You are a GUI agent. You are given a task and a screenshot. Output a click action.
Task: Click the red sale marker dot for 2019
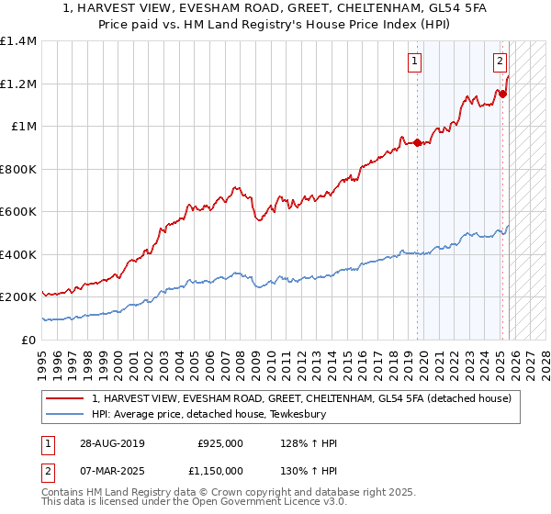[417, 142]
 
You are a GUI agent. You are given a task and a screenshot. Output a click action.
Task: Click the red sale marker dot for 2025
[502, 93]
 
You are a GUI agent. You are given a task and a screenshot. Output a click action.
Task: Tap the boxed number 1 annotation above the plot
[415, 61]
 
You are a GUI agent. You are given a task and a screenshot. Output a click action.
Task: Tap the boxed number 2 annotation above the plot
[500, 61]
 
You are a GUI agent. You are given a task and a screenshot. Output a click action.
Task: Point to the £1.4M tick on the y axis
[18, 41]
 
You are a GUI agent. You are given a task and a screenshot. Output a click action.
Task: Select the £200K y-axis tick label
[18, 297]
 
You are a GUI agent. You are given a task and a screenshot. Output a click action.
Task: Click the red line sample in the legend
[66, 397]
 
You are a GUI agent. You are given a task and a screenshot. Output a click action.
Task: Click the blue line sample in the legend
[66, 413]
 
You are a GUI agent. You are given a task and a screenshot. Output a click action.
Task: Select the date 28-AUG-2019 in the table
[110, 443]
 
